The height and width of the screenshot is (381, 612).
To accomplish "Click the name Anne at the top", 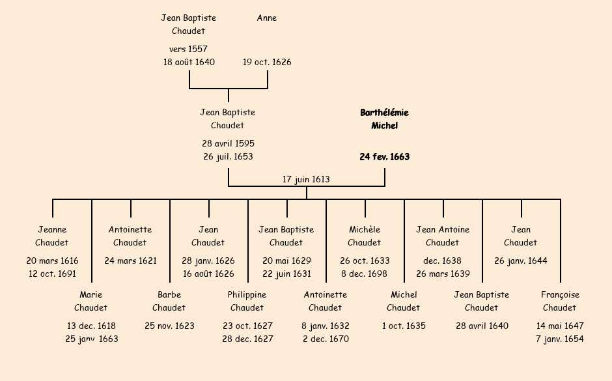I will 267,18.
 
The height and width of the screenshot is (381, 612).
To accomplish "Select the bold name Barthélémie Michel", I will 384,119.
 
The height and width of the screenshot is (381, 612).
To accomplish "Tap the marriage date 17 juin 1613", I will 306,180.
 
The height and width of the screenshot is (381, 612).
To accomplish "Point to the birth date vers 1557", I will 188,49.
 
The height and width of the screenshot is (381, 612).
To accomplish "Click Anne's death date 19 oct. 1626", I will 267,63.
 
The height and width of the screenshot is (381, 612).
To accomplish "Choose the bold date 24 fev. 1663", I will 384,157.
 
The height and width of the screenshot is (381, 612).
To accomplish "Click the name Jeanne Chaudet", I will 52,236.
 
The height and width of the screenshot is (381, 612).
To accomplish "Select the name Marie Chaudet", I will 91,301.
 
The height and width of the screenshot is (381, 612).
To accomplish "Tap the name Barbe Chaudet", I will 169,301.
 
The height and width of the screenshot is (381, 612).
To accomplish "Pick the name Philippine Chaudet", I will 247,301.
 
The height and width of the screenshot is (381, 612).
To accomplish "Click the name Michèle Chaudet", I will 365,236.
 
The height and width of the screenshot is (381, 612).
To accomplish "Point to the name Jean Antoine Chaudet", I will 443,236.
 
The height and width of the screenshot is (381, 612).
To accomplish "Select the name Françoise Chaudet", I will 560,301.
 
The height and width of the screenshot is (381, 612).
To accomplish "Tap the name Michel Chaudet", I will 404,301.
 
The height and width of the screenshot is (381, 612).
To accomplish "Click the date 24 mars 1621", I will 130,261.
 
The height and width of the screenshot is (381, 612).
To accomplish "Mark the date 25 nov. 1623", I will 169,326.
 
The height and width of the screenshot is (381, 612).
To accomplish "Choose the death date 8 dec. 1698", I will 365,274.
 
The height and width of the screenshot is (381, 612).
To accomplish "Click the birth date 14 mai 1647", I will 560,326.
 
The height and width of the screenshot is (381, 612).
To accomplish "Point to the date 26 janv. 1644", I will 521,261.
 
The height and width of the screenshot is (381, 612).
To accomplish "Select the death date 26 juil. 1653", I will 228,157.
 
